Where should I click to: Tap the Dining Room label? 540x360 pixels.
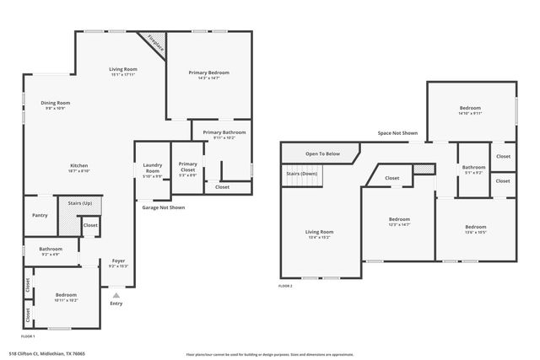click(54, 103)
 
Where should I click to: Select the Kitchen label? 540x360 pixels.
click(78, 165)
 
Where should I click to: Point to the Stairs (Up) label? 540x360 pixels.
click(69, 203)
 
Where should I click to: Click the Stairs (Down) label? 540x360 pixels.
click(302, 173)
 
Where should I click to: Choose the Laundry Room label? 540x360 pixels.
click(153, 168)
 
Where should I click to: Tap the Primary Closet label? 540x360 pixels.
click(187, 167)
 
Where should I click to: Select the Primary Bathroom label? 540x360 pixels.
click(224, 132)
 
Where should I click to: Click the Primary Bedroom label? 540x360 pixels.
click(208, 73)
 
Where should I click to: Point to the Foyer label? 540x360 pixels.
click(118, 261)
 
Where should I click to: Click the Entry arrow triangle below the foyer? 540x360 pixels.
click(116, 295)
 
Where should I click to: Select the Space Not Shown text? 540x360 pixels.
click(397, 133)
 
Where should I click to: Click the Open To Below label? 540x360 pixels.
click(322, 153)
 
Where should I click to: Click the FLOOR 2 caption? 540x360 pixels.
click(286, 286)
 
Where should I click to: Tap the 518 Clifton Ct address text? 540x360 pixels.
click(47, 354)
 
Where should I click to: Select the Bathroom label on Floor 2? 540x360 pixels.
click(473, 167)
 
